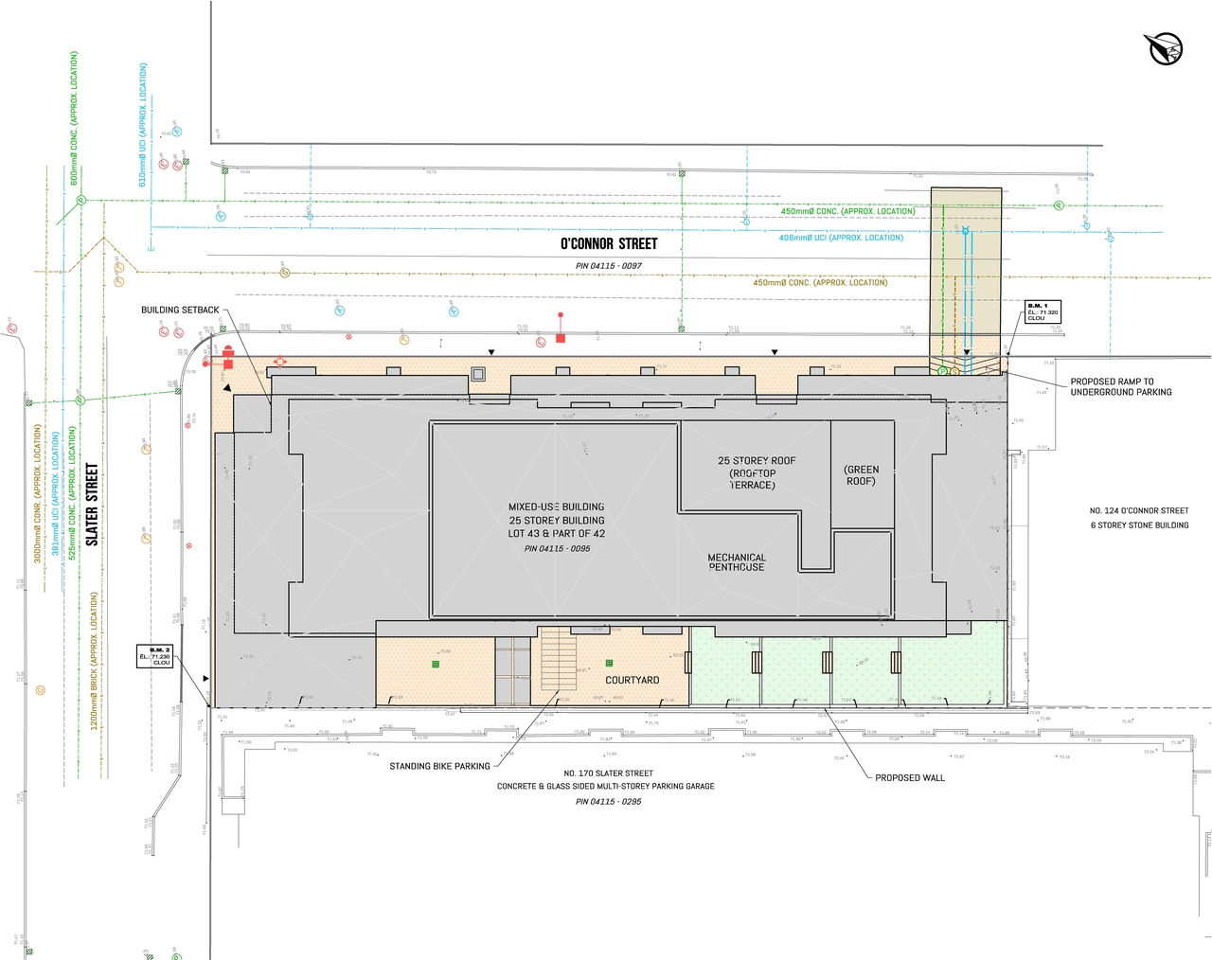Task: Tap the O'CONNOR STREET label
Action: coord(609,244)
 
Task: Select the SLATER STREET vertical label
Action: coord(92,504)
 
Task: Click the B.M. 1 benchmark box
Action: coord(1043,312)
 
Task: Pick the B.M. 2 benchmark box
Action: coord(155,656)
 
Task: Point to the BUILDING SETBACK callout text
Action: coord(180,311)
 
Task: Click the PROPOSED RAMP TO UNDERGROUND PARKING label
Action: coord(1120,387)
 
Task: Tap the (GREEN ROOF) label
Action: coord(861,475)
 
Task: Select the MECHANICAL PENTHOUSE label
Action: coord(737,562)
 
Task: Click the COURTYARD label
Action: coord(632,681)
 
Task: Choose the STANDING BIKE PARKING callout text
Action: coord(439,766)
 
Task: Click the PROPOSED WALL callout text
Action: coord(909,778)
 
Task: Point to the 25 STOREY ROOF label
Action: coord(757,461)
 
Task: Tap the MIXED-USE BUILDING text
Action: coord(556,507)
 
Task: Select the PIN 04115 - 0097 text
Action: coord(609,266)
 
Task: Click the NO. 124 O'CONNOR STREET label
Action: coord(1138,511)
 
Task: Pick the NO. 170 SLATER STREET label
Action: coord(608,773)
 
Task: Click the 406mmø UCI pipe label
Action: coord(841,238)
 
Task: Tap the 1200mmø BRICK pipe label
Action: coord(94,660)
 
